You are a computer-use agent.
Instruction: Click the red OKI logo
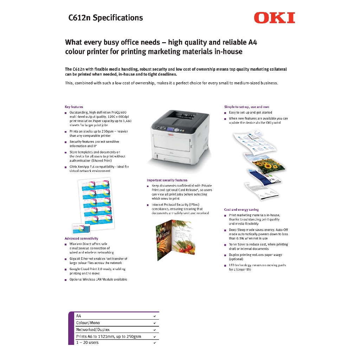coord(274,18)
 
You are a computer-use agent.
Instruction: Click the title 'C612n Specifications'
coord(105,18)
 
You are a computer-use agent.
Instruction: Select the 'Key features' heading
coord(74,107)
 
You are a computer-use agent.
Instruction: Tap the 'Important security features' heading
coord(167,180)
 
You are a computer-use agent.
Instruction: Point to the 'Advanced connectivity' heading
coord(81,238)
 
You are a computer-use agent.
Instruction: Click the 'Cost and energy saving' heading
coord(241,210)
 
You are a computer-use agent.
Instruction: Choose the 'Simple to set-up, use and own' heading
coord(246,107)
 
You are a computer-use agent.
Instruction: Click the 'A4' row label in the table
coord(79,316)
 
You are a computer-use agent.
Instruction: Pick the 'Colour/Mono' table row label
coord(88,323)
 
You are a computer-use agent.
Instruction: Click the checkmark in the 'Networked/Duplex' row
coord(154,330)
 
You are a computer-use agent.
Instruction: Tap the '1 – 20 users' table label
coord(88,342)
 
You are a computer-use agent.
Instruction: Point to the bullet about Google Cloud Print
coord(97,271)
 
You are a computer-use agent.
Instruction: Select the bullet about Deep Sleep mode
coord(258,234)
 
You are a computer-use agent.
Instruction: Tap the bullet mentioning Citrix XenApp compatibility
coord(99,168)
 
